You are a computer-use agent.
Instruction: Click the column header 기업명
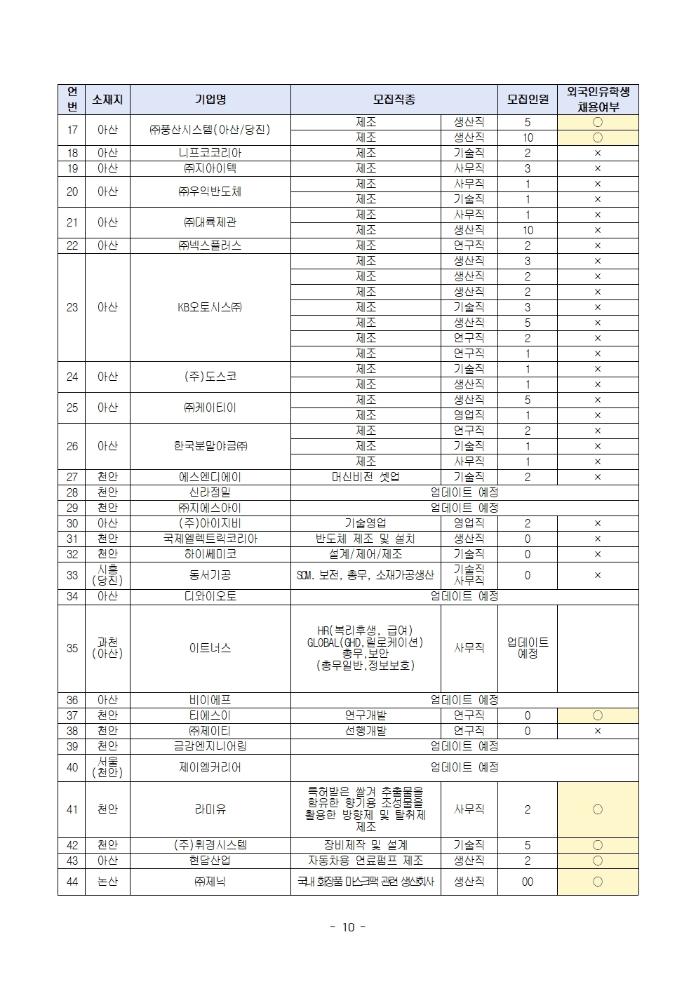pos(210,100)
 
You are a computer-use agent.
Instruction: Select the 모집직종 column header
pos(394,100)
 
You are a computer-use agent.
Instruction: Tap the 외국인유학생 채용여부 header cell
pos(598,100)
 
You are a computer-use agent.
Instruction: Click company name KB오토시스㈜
pos(210,307)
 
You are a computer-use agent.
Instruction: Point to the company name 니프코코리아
pos(210,153)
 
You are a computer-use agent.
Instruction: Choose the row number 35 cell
pos(72,648)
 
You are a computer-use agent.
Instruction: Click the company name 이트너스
pos(210,648)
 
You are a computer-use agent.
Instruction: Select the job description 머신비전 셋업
pos(366,477)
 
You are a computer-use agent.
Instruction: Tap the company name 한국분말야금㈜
pos(210,446)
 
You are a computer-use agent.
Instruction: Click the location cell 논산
pos(107,882)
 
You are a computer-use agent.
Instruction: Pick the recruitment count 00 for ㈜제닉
pos(528,882)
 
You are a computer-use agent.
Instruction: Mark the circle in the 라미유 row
pos(598,809)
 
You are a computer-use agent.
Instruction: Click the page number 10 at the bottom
pos(348,927)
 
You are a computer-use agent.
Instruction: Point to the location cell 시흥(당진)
pos(107,575)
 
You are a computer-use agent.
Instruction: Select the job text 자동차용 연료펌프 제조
pos(366,861)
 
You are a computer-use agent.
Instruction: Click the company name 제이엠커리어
pos(210,767)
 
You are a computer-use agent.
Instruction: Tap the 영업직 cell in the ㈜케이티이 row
pos(469,415)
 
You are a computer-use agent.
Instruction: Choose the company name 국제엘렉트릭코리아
pos(210,539)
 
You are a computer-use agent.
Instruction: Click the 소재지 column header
pos(107,100)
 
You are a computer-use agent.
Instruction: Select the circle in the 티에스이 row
pos(598,715)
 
